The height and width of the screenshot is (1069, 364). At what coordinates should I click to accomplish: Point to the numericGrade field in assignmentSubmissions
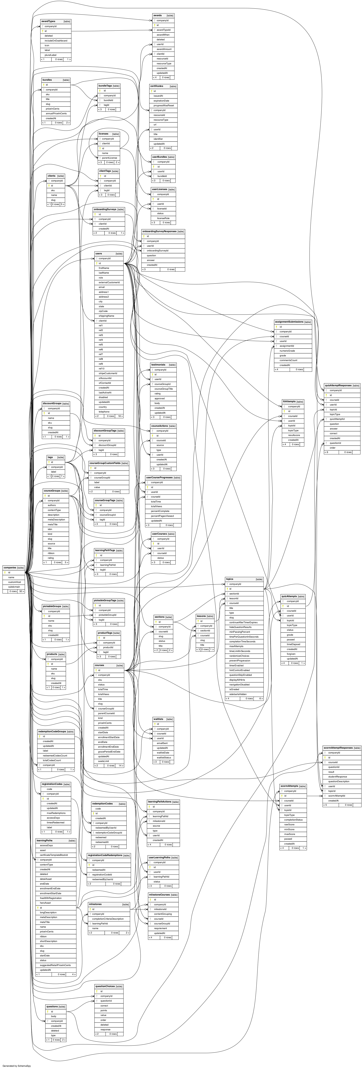[x=287, y=351]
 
